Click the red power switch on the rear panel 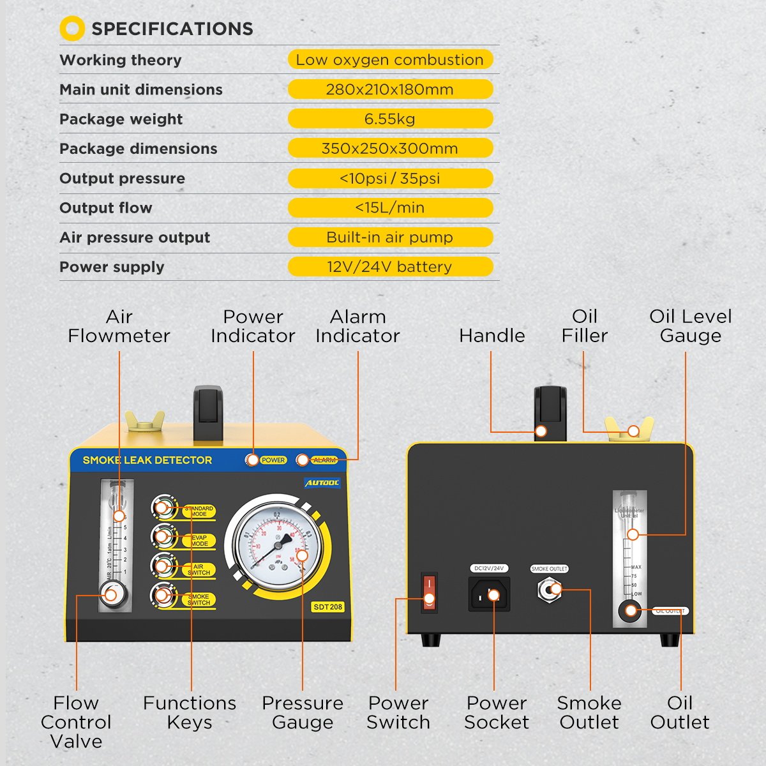point(429,592)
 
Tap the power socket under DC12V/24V point(490,595)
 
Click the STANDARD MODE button point(163,508)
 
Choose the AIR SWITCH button point(163,566)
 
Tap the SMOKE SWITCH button point(163,596)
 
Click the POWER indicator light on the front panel point(253,460)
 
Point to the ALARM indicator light point(302,460)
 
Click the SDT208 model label point(327,607)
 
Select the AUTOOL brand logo point(322,483)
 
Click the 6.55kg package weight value point(390,119)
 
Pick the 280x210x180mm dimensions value point(390,89)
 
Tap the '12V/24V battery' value point(390,267)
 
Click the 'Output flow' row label point(106,207)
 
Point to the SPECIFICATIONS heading point(172,29)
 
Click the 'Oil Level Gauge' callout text point(690,326)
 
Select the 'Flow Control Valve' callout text point(76,722)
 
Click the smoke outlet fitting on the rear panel point(549,590)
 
